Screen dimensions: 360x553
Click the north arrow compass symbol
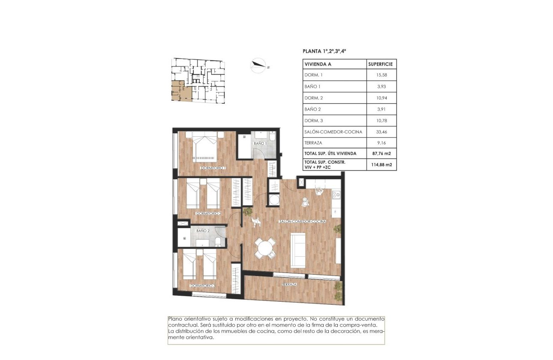[259, 65]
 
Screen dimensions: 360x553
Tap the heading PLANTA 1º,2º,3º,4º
[324, 51]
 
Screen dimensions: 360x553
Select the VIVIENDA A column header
[318, 64]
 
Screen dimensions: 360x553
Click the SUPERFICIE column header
[381, 64]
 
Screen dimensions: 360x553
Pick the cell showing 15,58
[381, 76]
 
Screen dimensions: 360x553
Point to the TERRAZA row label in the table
[313, 143]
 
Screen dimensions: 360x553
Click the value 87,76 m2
[381, 153]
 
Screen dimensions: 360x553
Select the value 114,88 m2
[381, 165]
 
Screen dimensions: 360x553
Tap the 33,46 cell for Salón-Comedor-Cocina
[381, 132]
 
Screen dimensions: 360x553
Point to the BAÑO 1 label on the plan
[260, 143]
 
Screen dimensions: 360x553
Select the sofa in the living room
[298, 250]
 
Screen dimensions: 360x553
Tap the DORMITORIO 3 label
[203, 286]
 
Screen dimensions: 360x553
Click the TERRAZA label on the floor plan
[289, 284]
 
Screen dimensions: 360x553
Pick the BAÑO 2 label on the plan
[203, 231]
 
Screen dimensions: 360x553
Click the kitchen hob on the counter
[337, 195]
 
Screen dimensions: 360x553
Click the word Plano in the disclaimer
[175, 319]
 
